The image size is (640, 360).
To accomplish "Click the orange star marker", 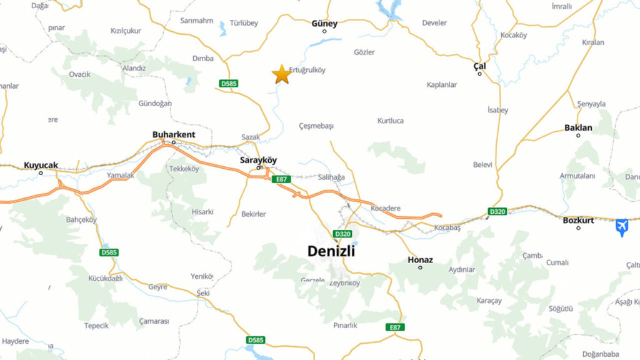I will pyautogui.click(x=281, y=74).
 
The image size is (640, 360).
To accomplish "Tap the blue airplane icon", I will pyautogui.click(x=621, y=227).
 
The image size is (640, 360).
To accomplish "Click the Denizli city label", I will pyautogui.click(x=331, y=251).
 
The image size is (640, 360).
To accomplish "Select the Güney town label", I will pyautogui.click(x=324, y=24).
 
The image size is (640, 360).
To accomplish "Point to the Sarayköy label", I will pyautogui.click(x=258, y=160).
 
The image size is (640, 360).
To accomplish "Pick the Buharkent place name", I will pyautogui.click(x=174, y=134).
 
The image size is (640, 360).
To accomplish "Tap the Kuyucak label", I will pyautogui.click(x=41, y=165).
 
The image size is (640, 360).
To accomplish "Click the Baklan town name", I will pyautogui.click(x=578, y=128).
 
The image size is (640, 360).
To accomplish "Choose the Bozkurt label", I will pyautogui.click(x=577, y=220).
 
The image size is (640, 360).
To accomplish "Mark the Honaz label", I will pyautogui.click(x=420, y=259).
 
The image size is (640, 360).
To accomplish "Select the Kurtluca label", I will pyautogui.click(x=391, y=121).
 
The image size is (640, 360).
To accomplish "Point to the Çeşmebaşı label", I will pyautogui.click(x=316, y=126).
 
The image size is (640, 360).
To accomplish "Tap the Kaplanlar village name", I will pyautogui.click(x=442, y=84).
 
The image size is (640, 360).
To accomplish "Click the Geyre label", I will pyautogui.click(x=157, y=286).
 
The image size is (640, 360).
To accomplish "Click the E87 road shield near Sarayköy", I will pyautogui.click(x=281, y=179).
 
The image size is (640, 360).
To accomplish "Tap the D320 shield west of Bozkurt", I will pyautogui.click(x=497, y=212).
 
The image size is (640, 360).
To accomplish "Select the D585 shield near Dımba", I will pyautogui.click(x=229, y=83).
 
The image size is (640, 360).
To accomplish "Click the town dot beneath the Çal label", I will pyautogui.click(x=480, y=74).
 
